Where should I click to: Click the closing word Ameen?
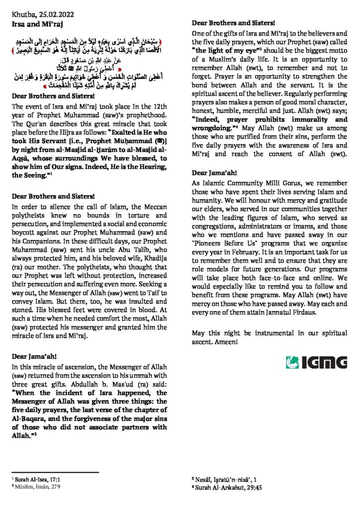point(226,342)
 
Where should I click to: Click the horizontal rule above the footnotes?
point(55,473)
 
